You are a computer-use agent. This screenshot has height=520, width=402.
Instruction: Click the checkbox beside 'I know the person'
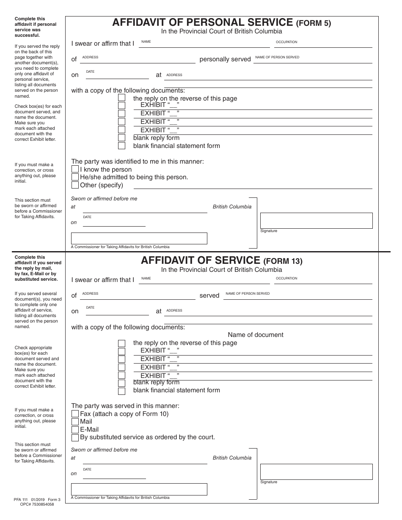(x=75, y=170)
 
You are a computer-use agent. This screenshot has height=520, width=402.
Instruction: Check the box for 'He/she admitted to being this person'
(x=75, y=177)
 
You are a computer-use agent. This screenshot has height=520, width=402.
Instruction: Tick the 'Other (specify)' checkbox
(x=75, y=185)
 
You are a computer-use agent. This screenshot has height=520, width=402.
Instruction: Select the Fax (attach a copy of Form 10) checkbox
(x=75, y=414)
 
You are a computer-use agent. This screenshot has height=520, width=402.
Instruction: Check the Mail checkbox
(x=75, y=421)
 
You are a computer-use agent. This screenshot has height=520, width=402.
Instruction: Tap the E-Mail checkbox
(x=75, y=430)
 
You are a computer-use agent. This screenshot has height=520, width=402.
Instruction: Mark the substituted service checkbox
(x=75, y=438)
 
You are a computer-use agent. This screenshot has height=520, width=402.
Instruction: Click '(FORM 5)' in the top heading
(x=313, y=24)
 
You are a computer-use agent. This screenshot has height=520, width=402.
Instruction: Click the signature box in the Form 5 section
(x=316, y=221)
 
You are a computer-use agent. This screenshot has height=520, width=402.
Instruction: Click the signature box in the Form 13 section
(x=316, y=472)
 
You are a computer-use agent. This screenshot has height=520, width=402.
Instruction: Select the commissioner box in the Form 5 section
(x=139, y=238)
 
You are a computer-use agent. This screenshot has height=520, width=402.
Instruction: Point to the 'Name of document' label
(x=256, y=335)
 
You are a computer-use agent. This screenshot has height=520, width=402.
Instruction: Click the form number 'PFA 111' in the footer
(x=22, y=500)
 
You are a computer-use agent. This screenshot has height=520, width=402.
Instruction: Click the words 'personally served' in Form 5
(x=225, y=60)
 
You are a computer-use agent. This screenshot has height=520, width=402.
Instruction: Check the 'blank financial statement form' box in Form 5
(x=121, y=146)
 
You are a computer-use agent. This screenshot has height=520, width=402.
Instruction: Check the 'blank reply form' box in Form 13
(x=121, y=383)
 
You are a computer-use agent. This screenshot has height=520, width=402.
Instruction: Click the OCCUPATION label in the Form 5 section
(x=286, y=42)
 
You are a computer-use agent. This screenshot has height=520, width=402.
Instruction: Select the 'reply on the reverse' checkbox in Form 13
(x=121, y=343)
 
